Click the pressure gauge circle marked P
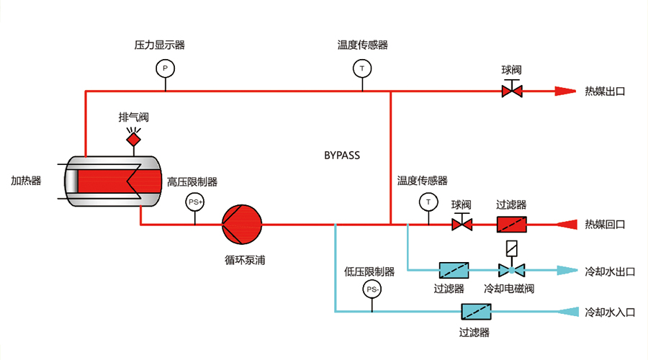point(165,68)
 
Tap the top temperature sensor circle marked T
point(363,68)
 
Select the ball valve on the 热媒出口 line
point(512,91)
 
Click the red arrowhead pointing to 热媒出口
point(565,91)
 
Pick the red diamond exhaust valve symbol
point(134,138)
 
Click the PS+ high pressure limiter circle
point(195,202)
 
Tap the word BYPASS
point(341,155)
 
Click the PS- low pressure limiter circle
point(372,289)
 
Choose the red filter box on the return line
point(512,225)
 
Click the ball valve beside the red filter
point(462,225)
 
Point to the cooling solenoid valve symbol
point(512,270)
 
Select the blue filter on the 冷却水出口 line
point(455,271)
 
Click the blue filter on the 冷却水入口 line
point(475,312)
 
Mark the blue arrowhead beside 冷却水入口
point(568,312)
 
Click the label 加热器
point(26,181)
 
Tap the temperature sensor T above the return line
point(429,202)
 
